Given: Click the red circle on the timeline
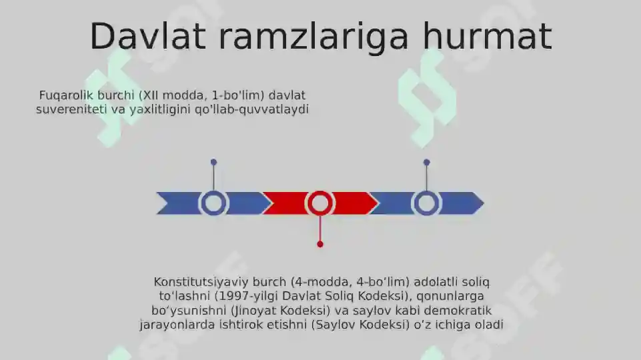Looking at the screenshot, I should pyautogui.click(x=320, y=203).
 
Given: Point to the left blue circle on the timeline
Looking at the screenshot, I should pyautogui.click(x=213, y=203).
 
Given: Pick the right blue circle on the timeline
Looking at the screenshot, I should pyautogui.click(x=427, y=203).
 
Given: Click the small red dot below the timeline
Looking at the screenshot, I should pyautogui.click(x=320, y=244).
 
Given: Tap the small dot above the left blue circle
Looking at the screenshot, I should pyautogui.click(x=213, y=162).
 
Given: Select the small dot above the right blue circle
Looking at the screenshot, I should pyautogui.click(x=427, y=162).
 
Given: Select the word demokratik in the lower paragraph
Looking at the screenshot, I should pyautogui.click(x=461, y=311).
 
